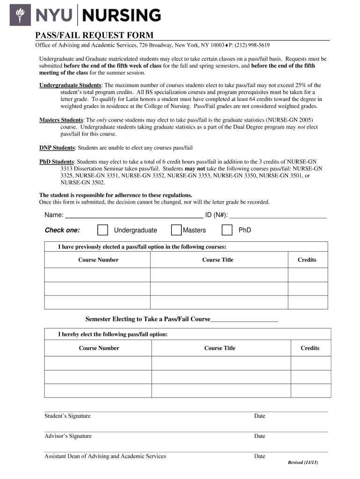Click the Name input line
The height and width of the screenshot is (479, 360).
134,216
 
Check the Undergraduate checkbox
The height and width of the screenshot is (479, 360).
102,230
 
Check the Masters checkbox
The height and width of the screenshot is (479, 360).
176,230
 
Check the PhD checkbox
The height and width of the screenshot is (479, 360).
227,230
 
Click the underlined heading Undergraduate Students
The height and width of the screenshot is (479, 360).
70,85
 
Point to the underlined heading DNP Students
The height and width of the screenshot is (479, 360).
57,148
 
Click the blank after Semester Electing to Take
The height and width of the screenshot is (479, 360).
244,320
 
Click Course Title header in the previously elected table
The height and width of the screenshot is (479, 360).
217,260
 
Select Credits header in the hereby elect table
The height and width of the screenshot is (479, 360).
310,348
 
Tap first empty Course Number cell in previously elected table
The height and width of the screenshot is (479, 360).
97,275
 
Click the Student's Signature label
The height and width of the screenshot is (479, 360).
67,416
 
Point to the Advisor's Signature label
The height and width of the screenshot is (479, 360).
68,436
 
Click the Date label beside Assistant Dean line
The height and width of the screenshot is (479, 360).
259,456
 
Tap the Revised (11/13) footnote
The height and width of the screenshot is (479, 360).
302,463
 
